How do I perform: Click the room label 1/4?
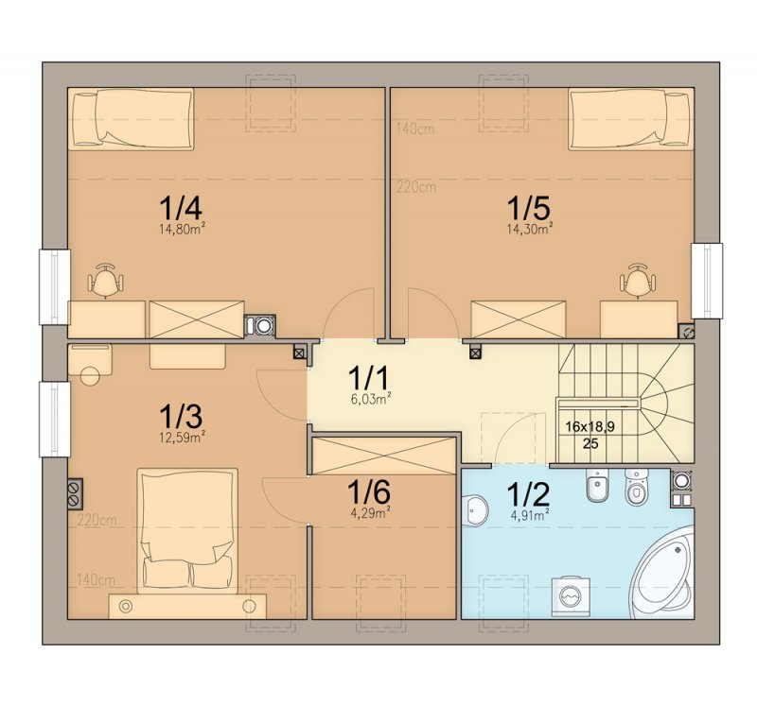click(181, 208)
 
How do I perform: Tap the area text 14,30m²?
click(530, 229)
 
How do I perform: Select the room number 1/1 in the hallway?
click(368, 378)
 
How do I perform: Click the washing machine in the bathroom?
click(571, 596)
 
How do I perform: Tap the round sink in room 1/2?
click(476, 509)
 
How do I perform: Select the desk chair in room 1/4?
click(105, 280)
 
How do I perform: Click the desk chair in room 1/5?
click(638, 280)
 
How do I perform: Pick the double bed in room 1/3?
click(187, 530)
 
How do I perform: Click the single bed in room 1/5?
click(631, 119)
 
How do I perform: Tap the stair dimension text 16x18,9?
click(590, 426)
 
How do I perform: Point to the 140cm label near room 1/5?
click(415, 129)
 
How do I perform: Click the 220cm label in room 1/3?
click(97, 521)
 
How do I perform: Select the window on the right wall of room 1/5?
click(707, 281)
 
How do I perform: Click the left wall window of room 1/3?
click(55, 419)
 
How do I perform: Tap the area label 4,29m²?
click(370, 513)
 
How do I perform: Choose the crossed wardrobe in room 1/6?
click(384, 456)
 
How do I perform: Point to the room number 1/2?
click(528, 493)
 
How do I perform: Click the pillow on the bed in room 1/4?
click(85, 119)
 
